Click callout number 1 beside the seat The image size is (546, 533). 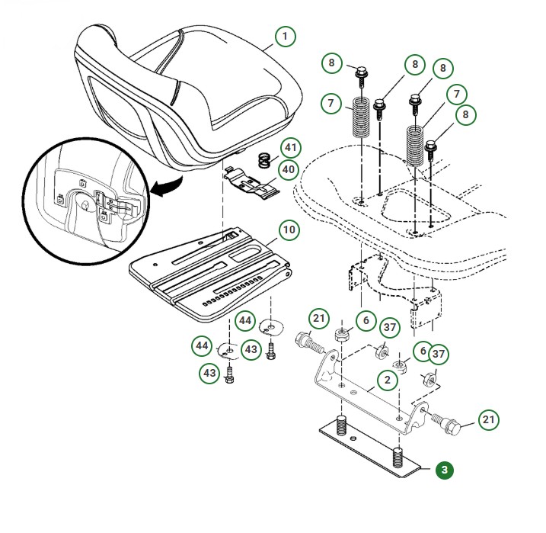(285, 36)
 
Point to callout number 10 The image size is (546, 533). (288, 230)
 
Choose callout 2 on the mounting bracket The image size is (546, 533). (388, 379)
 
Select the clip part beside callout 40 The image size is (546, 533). (251, 184)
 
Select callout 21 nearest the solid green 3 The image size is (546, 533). (488, 420)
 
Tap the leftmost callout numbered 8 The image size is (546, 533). (332, 63)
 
